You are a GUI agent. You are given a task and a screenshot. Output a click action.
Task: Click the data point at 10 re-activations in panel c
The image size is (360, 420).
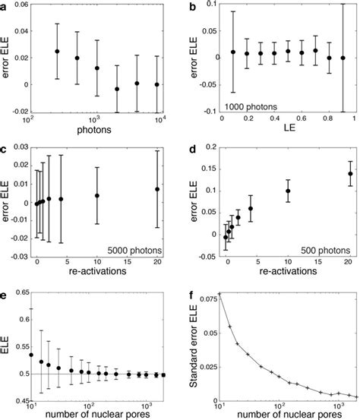point(97,195)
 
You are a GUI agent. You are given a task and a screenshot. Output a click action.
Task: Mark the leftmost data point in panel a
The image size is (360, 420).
point(58,52)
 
